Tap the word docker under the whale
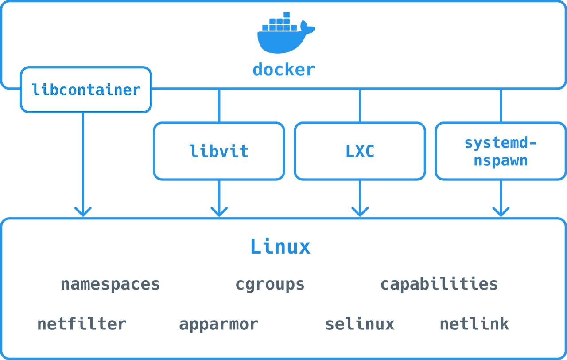click(284, 70)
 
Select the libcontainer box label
click(86, 90)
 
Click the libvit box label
click(219, 151)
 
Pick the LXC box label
click(360, 151)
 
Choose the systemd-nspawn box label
click(501, 152)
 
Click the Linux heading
click(280, 246)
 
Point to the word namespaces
click(110, 284)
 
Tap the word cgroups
click(270, 284)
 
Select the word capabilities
click(439, 283)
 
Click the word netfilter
click(82, 324)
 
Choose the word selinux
click(360, 324)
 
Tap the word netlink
click(474, 324)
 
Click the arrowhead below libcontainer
click(83, 212)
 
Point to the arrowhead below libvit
click(219, 212)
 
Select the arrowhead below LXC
click(360, 212)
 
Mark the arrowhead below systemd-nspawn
click(501, 212)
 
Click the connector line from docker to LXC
click(360, 106)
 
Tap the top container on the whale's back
click(287, 15)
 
